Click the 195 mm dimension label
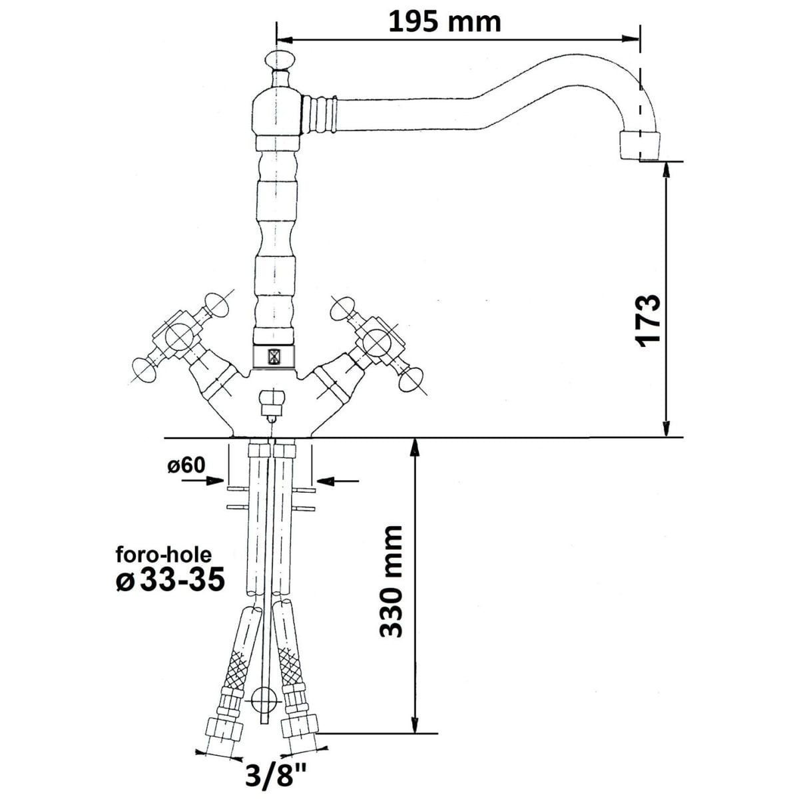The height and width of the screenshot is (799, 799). (x=445, y=23)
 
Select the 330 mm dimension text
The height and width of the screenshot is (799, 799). (x=391, y=582)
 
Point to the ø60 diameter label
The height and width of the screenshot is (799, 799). (x=186, y=465)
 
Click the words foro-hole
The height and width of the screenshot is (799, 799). (x=164, y=555)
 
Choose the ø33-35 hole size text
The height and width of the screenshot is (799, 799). (x=170, y=580)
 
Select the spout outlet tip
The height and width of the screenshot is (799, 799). (x=639, y=146)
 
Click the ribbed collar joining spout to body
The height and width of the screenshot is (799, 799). (x=320, y=115)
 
